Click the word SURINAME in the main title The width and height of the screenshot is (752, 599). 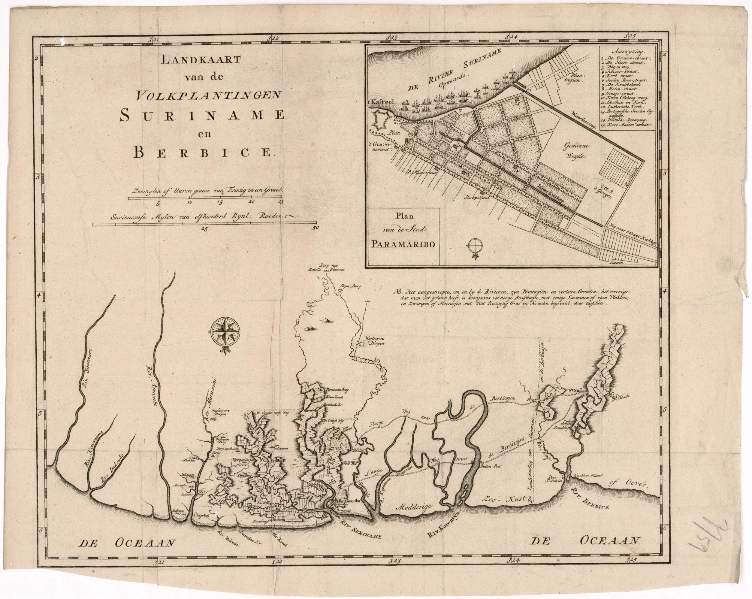(202, 116)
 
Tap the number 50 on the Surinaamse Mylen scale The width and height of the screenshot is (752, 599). (315, 228)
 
